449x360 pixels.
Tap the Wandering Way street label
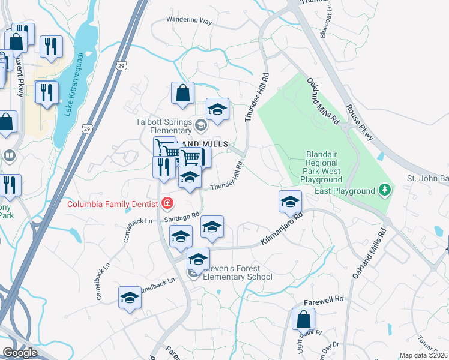189,21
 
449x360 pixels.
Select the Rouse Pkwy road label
360,124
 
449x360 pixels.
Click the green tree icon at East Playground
384,191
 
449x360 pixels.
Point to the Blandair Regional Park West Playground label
322,167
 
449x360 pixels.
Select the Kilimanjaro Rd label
280,231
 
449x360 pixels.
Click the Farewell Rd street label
327,298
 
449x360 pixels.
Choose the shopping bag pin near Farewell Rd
303,318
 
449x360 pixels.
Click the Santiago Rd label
181,217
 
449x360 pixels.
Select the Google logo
20,353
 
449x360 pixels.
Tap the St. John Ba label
427,179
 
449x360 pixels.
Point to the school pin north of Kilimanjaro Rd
290,201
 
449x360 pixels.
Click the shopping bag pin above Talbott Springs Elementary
182,93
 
